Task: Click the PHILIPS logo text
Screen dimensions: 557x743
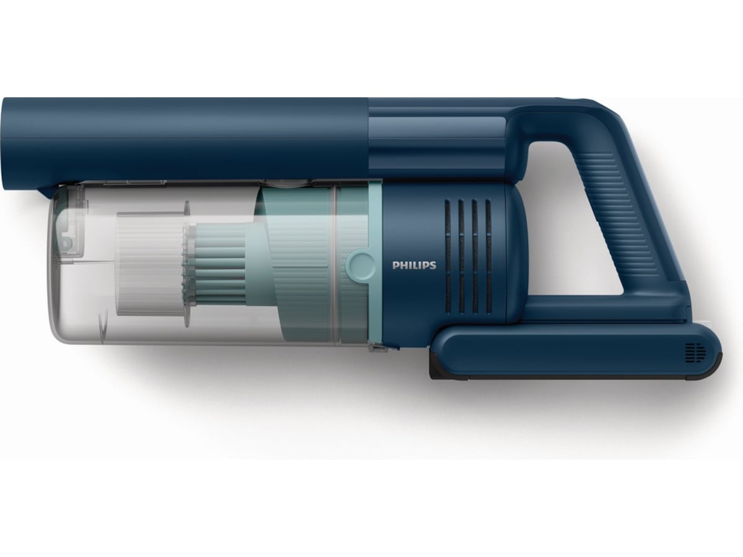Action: [414, 265]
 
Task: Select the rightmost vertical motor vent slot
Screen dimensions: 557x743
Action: [488, 255]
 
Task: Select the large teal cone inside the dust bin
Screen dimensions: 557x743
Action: [291, 260]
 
